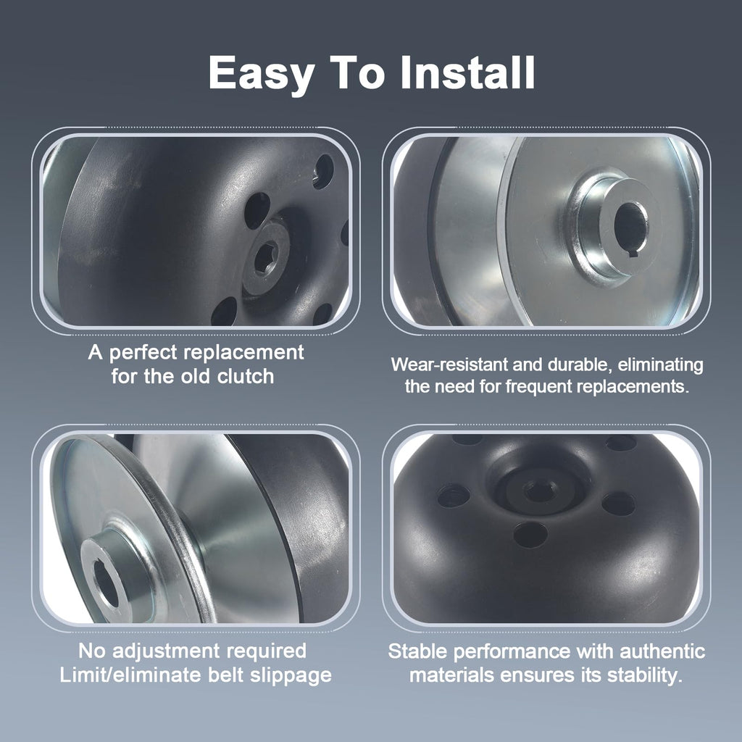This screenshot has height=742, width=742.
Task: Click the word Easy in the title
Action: [261, 74]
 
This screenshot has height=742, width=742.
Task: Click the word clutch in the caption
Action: [246, 376]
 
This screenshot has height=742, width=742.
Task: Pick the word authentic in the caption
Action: [662, 651]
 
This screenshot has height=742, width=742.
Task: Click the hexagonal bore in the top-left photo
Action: [265, 257]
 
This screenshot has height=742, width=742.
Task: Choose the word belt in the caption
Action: [226, 675]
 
